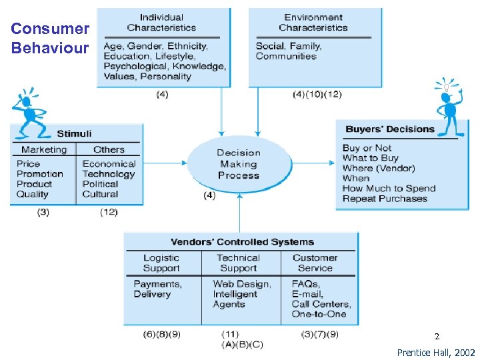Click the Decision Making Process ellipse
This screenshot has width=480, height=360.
point(239,164)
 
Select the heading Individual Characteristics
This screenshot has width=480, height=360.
point(163,23)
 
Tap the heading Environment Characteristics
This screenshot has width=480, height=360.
point(313,23)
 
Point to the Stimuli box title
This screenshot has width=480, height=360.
point(74,134)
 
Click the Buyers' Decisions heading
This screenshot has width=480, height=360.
point(389,129)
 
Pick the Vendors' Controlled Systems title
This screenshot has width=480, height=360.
point(242,242)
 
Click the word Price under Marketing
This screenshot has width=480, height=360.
point(29,164)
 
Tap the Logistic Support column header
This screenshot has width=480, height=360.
point(161,263)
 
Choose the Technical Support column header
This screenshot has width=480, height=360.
point(238,263)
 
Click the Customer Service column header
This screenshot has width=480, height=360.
point(315,263)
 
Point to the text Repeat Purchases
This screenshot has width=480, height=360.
point(384,199)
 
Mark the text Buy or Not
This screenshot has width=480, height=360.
point(367,148)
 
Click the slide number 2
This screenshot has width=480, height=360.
point(437,337)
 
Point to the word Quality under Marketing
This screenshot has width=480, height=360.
point(33,194)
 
